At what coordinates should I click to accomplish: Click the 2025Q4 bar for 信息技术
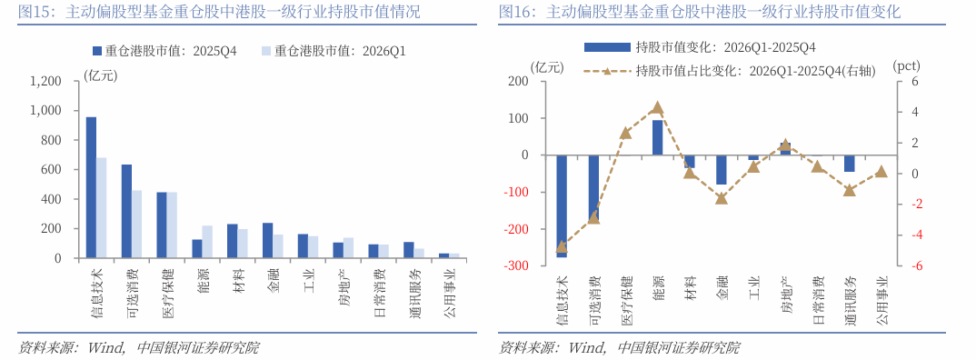91,187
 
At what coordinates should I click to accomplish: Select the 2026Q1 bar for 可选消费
136,224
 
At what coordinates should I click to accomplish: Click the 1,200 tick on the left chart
45,81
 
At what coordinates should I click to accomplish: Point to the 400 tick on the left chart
52,199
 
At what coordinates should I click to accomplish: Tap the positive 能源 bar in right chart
658,137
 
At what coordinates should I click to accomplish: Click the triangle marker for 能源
658,107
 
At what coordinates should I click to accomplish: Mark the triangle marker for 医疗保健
625,133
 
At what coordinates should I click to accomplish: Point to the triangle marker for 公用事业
881,171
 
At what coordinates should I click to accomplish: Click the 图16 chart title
700,12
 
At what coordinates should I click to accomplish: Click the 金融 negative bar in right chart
722,170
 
